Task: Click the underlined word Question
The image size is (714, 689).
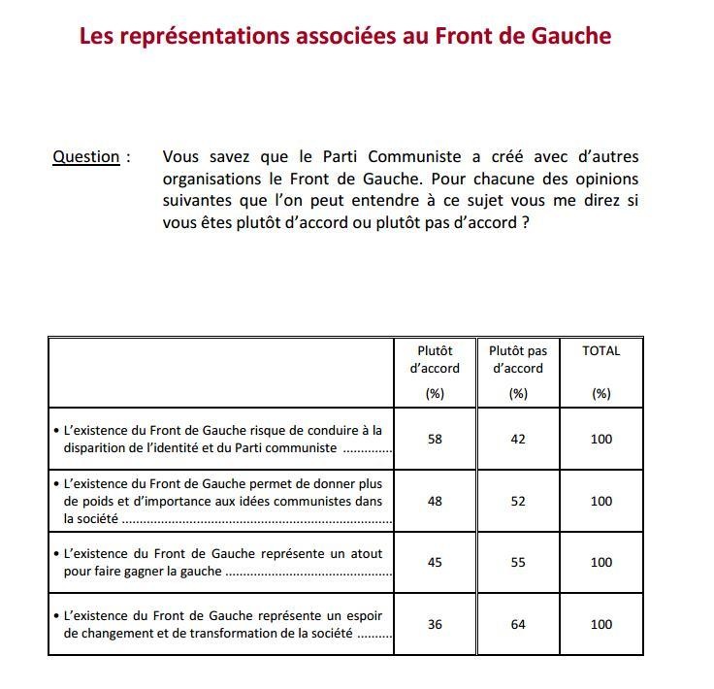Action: pyautogui.click(x=85, y=157)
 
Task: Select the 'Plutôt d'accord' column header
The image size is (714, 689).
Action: pyautogui.click(x=435, y=359)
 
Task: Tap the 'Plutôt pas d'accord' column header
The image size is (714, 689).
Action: pyautogui.click(x=518, y=359)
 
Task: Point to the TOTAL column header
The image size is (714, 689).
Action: pyautogui.click(x=600, y=351)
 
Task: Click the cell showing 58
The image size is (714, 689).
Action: pyautogui.click(x=435, y=439)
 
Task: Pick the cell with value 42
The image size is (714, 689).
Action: pyautogui.click(x=518, y=439)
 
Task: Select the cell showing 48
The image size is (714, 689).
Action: pyautogui.click(x=435, y=501)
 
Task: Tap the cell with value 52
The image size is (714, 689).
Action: pyautogui.click(x=518, y=501)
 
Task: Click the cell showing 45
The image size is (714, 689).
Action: pyautogui.click(x=435, y=562)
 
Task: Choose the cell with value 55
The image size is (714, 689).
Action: pyautogui.click(x=518, y=562)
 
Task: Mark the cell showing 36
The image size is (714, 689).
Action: pyautogui.click(x=435, y=624)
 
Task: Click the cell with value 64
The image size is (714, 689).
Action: pyautogui.click(x=518, y=624)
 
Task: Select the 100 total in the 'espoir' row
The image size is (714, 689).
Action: pyautogui.click(x=601, y=624)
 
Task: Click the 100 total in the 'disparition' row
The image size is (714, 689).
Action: pyautogui.click(x=601, y=439)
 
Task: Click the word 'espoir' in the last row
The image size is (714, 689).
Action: pyautogui.click(x=362, y=615)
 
